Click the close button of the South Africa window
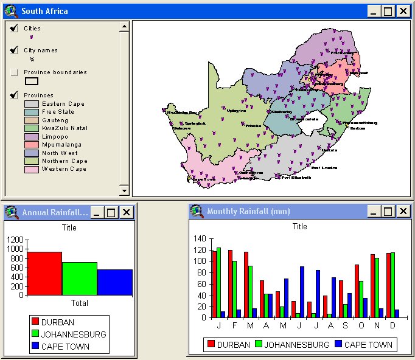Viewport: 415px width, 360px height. (x=403, y=11)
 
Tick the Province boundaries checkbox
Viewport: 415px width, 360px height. (x=14, y=72)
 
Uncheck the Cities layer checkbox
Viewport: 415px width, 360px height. (x=14, y=29)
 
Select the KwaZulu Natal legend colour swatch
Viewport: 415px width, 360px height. (x=32, y=128)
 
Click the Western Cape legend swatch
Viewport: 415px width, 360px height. (x=32, y=170)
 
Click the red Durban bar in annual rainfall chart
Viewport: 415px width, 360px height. (x=44, y=273)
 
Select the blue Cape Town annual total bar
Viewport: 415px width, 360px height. (x=114, y=282)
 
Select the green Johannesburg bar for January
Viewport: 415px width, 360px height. (x=218, y=283)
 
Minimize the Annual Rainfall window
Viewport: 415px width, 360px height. (x=97, y=212)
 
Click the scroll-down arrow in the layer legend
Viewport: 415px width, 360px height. (x=124, y=191)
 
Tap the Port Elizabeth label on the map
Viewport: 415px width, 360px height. (x=296, y=178)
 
